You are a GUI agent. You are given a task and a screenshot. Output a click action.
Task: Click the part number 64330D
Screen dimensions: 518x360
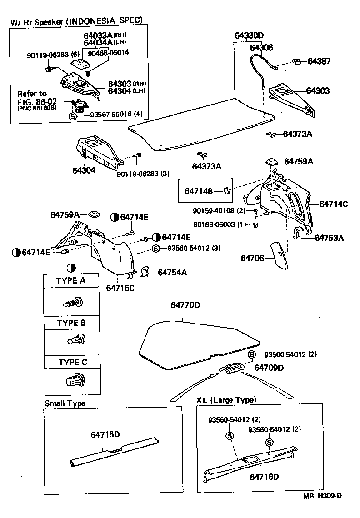click(249, 35)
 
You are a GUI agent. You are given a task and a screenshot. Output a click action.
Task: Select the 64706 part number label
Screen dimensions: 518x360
click(253, 258)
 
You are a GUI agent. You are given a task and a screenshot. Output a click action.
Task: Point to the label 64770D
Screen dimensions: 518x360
click(185, 304)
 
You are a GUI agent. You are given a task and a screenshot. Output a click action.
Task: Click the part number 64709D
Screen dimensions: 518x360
click(269, 367)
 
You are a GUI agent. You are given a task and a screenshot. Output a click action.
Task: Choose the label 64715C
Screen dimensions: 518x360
click(120, 288)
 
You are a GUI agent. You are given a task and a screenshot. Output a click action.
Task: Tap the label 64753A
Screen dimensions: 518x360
click(329, 238)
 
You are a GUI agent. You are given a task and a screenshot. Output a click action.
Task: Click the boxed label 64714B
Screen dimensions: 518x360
click(198, 191)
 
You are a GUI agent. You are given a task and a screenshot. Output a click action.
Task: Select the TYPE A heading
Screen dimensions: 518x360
click(70, 281)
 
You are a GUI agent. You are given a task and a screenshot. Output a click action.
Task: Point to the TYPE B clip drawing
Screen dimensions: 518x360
click(72, 339)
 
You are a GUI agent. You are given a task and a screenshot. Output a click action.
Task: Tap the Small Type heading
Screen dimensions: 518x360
click(65, 403)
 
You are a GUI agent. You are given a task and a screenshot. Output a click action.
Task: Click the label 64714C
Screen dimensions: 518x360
click(333, 204)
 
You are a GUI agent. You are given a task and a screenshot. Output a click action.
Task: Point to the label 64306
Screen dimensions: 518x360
click(261, 47)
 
